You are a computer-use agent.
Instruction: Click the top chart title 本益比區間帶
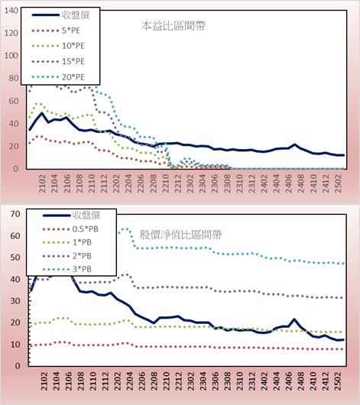pyautogui.click(x=174, y=26)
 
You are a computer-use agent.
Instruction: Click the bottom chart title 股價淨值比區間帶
pyautogui.click(x=180, y=235)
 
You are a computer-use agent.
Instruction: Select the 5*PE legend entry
pyautogui.click(x=56, y=31)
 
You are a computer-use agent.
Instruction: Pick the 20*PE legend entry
pyautogui.click(x=58, y=77)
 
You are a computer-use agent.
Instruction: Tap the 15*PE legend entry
pyautogui.click(x=58, y=61)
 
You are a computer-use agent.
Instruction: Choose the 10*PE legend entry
pyautogui.click(x=58, y=46)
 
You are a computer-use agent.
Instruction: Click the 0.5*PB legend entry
pyautogui.click(x=70, y=229)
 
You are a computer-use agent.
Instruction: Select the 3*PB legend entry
pyautogui.click(x=67, y=269)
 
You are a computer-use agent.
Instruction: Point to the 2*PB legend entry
pyautogui.click(x=67, y=256)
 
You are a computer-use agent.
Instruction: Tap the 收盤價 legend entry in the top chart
pyautogui.click(x=60, y=15)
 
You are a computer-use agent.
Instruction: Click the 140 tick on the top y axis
pyautogui.click(x=11, y=11)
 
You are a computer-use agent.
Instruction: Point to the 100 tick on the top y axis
pyautogui.click(x=11, y=56)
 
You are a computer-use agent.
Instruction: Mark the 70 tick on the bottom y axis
pyautogui.click(x=15, y=214)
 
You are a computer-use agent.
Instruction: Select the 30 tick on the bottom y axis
pyautogui.click(x=15, y=301)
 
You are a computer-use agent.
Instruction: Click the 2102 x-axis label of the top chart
pyautogui.click(x=42, y=183)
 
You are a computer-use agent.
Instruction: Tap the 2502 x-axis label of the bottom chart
pyautogui.click(x=338, y=381)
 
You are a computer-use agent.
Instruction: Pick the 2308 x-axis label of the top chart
pyautogui.click(x=227, y=183)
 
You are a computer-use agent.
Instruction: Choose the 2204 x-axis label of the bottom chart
pyautogui.click(x=130, y=381)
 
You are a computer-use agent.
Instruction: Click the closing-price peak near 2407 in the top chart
pyautogui.click(x=294, y=144)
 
